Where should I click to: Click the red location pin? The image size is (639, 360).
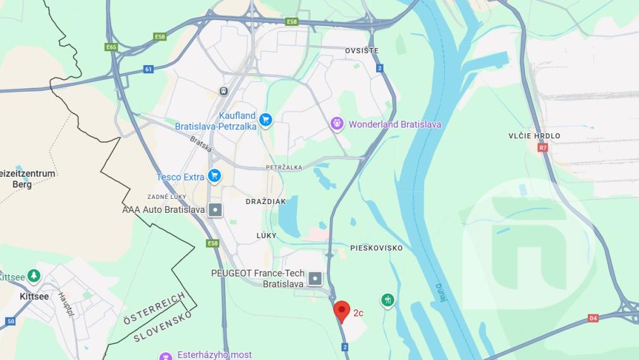[x=342, y=311]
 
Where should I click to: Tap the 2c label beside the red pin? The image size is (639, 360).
[x=358, y=313]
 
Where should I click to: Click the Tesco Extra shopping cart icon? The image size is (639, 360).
[x=215, y=176]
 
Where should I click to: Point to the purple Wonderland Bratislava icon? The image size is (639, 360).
[x=338, y=124]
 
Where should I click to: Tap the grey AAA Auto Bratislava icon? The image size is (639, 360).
[x=216, y=210]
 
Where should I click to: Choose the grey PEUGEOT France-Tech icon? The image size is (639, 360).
[x=315, y=278]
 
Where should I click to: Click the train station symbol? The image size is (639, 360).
[x=224, y=91]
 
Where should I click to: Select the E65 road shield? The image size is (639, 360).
[x=111, y=47]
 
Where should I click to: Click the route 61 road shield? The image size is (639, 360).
[x=149, y=69]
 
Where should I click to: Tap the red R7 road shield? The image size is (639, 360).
[x=542, y=148]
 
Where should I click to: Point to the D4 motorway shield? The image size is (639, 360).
[x=593, y=318]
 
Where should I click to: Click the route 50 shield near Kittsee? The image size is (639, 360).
[x=10, y=321]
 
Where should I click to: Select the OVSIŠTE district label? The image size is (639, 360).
[x=362, y=51]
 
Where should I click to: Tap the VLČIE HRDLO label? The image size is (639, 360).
[x=534, y=136]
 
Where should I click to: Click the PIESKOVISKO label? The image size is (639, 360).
[x=376, y=248]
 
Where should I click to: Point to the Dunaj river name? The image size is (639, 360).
[x=441, y=292]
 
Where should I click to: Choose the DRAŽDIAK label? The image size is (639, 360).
[x=265, y=201]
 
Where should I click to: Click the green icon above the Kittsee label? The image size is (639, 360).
[x=33, y=276]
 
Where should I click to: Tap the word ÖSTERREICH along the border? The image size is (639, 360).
[x=155, y=309]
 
